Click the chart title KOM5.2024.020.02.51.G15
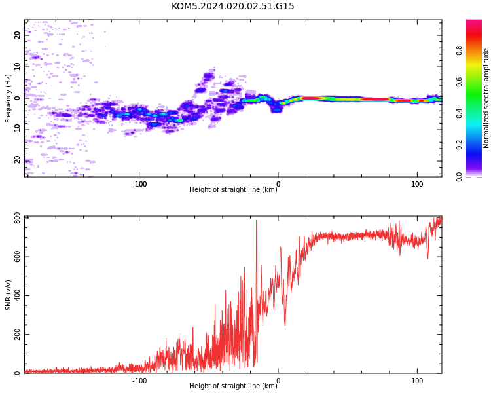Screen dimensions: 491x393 [232, 6]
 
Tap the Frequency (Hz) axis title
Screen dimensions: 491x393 [8, 98]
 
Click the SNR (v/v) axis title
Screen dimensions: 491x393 [8, 295]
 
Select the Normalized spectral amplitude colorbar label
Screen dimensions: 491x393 [486, 98]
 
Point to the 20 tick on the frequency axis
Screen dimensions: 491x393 [18, 35]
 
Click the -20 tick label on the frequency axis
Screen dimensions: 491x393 [18, 161]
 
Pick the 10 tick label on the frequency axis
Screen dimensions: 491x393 [18, 66]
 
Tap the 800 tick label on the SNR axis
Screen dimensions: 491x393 [17, 220]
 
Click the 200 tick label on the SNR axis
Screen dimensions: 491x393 [17, 335]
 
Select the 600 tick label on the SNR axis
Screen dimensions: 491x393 [17, 257]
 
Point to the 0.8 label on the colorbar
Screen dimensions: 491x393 [459, 50]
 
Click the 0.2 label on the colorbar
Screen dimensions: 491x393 [459, 145]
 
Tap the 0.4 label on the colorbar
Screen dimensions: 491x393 [459, 113]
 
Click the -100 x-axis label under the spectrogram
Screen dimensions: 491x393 [139, 184]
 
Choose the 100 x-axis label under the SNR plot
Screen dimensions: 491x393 [417, 381]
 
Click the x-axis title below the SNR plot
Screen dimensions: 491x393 [233, 386]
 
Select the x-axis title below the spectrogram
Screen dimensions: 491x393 [233, 189]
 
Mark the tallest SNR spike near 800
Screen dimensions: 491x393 [257, 221]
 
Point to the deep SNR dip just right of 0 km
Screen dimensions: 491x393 [285, 325]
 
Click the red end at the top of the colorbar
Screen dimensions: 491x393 [474, 21]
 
